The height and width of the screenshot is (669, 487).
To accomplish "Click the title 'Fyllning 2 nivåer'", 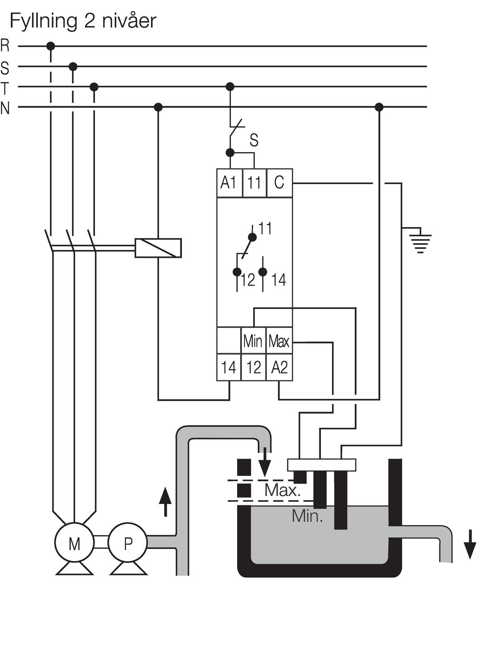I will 83,21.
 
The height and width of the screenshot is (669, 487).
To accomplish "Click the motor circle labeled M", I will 74,543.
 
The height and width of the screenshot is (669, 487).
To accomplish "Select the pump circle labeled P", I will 128,543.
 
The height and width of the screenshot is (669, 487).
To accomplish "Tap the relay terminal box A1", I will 229,183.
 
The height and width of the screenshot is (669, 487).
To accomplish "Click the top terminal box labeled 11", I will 254,183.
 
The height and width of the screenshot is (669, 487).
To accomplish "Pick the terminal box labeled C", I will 279,183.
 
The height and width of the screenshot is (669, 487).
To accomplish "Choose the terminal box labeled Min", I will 253,341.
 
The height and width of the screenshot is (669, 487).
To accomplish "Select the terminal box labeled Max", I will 279,341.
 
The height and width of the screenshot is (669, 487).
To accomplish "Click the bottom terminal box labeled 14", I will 229,368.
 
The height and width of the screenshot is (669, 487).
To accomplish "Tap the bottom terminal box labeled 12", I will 254,368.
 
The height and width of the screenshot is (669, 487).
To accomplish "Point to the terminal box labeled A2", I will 279,368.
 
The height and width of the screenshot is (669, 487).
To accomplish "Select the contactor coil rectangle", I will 158,248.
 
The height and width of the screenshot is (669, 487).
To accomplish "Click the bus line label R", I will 5,45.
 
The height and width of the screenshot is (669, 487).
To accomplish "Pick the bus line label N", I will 5,107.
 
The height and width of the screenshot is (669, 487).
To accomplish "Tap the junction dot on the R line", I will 51,46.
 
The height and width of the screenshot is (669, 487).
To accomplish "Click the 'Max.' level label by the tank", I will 282,490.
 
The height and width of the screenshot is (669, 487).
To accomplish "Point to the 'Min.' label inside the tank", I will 307,516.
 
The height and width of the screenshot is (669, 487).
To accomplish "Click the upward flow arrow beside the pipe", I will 165,502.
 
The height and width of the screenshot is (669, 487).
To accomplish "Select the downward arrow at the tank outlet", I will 470,544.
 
